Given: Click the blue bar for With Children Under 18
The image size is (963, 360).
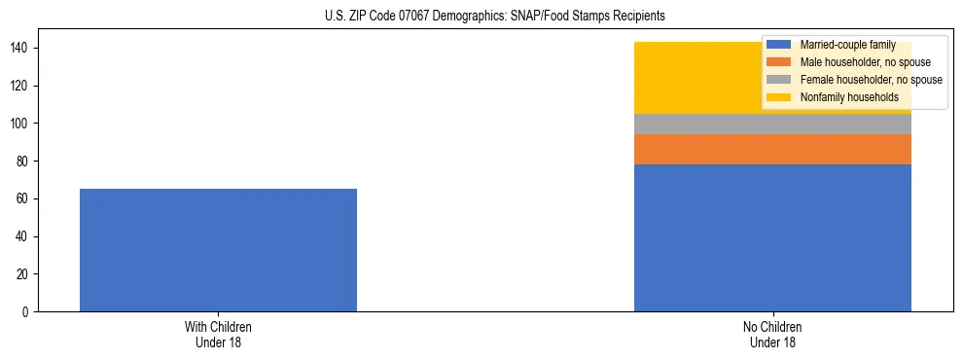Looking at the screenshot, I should (x=218, y=250).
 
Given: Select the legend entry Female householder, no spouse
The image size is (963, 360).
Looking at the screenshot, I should (x=871, y=80).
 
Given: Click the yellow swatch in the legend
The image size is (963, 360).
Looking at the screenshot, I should (x=780, y=97).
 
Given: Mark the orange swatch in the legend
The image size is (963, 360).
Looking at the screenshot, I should (x=780, y=62).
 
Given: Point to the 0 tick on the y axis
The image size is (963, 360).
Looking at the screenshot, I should (x=29, y=312).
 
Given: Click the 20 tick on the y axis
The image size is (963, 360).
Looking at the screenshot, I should (x=26, y=274).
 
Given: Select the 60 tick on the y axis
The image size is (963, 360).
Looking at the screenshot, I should (x=26, y=198).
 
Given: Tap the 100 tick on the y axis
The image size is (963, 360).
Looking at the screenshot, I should (x=23, y=124).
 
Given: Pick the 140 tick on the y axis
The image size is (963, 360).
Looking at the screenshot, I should (x=23, y=48).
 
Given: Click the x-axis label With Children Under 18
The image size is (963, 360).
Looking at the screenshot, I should (x=218, y=335).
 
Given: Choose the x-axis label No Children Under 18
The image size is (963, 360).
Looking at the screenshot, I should (x=772, y=335).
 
